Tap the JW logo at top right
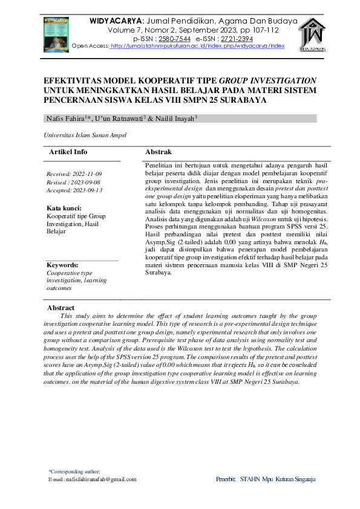coord(313,34)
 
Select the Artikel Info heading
coord(68,152)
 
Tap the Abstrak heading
coord(159,152)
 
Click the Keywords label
coord(62,265)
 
